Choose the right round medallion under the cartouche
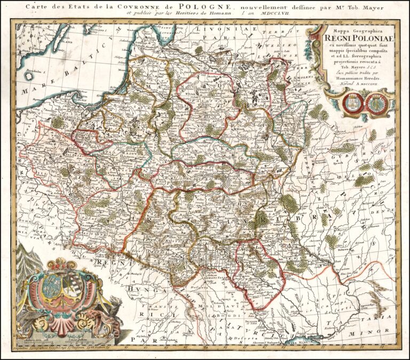point(377,101)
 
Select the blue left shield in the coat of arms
point(51,283)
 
